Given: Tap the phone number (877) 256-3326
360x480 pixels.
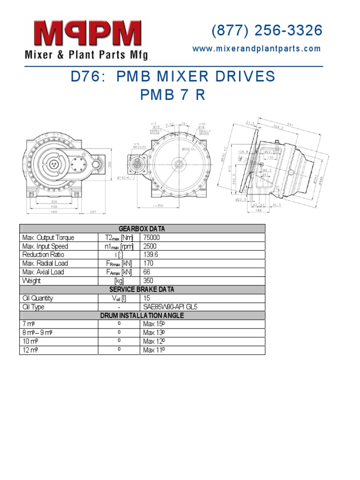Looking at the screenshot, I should (x=267, y=30).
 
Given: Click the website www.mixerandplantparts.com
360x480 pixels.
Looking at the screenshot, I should (x=257, y=49).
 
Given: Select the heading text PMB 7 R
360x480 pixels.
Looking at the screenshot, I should (x=173, y=95).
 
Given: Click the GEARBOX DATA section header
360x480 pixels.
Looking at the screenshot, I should (x=142, y=229).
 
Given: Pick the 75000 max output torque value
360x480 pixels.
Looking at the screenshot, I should (x=152, y=238).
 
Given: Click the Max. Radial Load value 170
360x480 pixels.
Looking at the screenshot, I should (x=148, y=263).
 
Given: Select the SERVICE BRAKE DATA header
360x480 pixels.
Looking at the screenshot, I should (x=142, y=290).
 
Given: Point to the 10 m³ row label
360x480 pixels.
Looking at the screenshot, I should (x=31, y=342).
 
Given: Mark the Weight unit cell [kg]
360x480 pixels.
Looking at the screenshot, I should (x=119, y=281).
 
